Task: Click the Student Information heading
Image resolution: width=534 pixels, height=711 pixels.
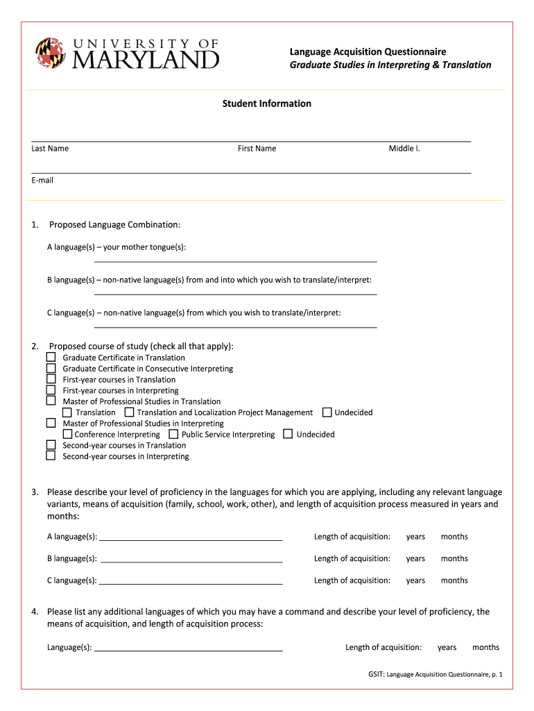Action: coord(266,103)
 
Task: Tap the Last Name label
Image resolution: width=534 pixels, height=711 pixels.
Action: coord(50,148)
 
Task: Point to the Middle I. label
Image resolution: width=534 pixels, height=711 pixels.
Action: coord(404,148)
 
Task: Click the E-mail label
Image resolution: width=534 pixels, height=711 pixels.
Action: coord(42,180)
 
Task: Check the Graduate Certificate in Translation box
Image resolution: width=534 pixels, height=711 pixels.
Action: coord(51,357)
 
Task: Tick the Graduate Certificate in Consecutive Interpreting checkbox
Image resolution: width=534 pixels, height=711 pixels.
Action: coord(51,368)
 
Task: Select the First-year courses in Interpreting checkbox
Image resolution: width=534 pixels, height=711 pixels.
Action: coord(51,390)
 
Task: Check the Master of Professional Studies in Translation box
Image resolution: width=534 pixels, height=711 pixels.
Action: coord(51,401)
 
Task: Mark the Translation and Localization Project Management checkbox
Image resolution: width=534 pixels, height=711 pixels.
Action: coord(129,412)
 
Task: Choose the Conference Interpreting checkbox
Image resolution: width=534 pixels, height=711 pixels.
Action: coord(67,434)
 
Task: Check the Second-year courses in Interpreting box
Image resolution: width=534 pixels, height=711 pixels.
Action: coord(51,455)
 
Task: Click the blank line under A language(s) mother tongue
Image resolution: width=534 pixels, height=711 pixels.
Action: coord(235,261)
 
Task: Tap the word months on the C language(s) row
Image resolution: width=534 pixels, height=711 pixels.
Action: coord(454,580)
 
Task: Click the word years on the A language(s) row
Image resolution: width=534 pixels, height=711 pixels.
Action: coord(415,537)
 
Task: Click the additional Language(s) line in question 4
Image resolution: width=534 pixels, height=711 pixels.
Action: coord(188,650)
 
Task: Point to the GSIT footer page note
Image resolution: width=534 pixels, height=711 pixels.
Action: coord(436,674)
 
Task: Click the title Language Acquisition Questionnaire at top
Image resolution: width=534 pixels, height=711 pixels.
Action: coord(368,51)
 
